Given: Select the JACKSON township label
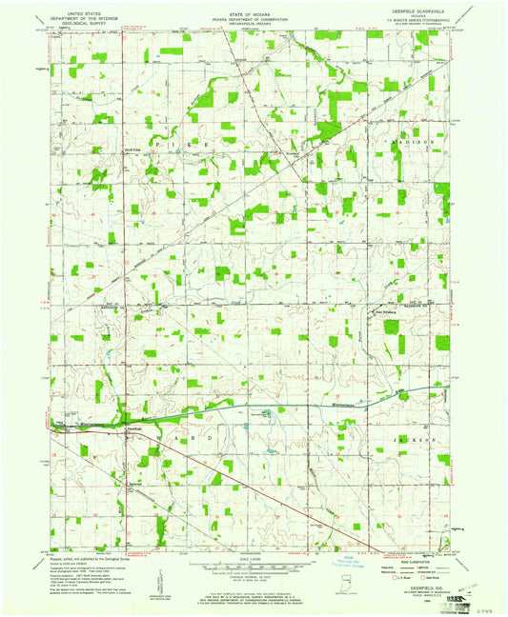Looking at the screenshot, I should (x=416, y=440).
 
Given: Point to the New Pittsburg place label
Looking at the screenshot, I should (x=383, y=310).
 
